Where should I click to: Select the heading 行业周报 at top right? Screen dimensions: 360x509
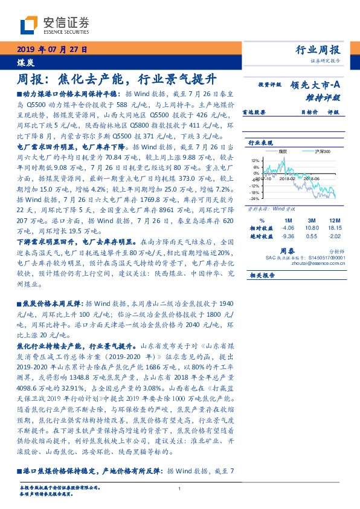click(x=319, y=50)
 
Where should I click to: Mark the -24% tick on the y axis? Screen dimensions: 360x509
click(x=254, y=198)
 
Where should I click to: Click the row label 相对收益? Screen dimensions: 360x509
click(x=258, y=229)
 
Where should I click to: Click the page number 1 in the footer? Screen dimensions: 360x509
click(x=180, y=489)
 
